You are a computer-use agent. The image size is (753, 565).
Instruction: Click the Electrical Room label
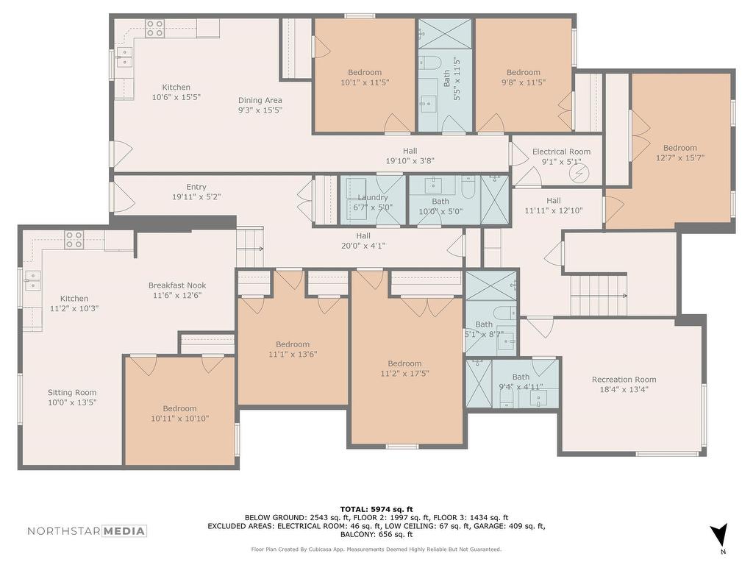point(561,152)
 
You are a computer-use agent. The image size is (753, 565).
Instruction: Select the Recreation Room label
point(624,380)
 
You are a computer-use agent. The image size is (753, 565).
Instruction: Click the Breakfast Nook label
point(177,285)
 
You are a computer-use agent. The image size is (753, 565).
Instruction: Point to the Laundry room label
point(373,197)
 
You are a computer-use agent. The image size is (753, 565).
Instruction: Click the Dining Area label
point(260,100)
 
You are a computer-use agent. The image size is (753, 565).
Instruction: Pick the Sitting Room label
point(72,393)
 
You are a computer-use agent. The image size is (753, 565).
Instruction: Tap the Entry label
point(196,187)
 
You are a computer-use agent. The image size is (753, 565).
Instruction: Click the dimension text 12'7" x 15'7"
point(680,157)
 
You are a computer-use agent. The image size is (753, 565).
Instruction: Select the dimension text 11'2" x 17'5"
point(405,373)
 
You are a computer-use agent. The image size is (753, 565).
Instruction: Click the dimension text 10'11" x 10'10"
point(179,419)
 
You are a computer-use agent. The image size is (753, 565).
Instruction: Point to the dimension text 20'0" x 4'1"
point(363,246)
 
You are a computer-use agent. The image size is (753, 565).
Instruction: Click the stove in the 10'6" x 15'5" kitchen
point(155,28)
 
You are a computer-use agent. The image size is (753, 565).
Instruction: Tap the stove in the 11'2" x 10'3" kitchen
point(74,240)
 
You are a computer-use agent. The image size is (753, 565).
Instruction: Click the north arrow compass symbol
point(719,535)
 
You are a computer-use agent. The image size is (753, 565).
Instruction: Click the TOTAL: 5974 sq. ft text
point(376,509)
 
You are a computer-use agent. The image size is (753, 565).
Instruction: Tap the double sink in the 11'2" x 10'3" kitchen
point(32,280)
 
